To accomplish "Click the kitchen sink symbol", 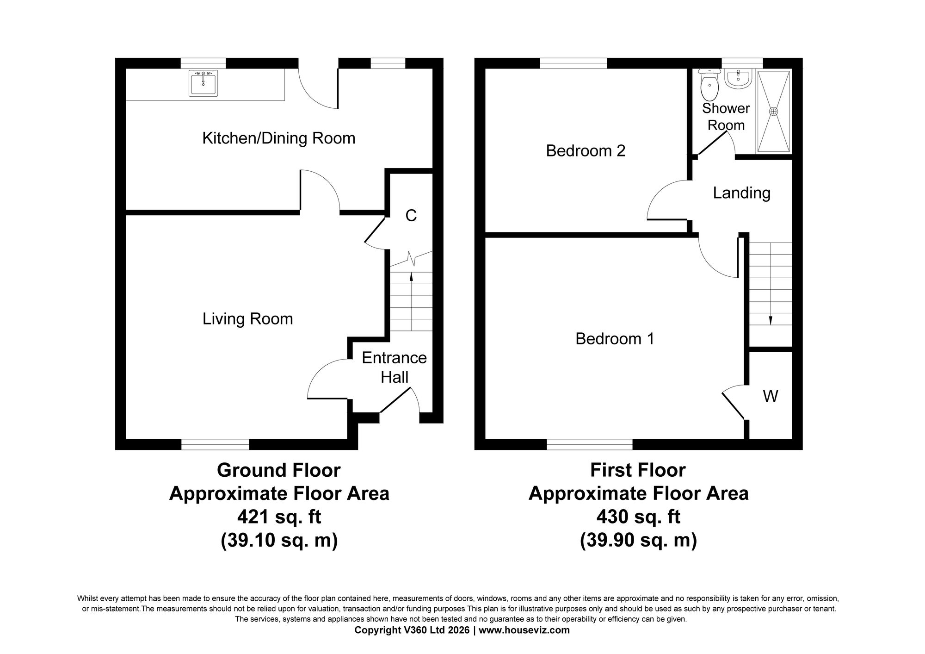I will [x=203, y=83].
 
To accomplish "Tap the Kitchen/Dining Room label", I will [x=278, y=138].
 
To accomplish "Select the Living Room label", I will [x=247, y=319].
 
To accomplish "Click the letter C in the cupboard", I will [x=411, y=216].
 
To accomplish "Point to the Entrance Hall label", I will [x=394, y=367].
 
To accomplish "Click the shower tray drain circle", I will [x=773, y=112].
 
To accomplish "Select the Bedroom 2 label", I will [x=586, y=151].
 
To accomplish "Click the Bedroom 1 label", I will [x=615, y=339].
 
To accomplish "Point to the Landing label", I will [x=741, y=193].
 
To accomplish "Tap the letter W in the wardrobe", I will [x=770, y=396].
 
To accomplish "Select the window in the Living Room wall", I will [x=215, y=444].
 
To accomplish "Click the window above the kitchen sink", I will [x=203, y=63].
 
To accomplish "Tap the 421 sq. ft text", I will [x=279, y=517].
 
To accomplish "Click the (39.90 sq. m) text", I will [x=638, y=540].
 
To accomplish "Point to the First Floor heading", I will [x=638, y=470].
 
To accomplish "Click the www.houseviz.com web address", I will [x=524, y=630].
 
